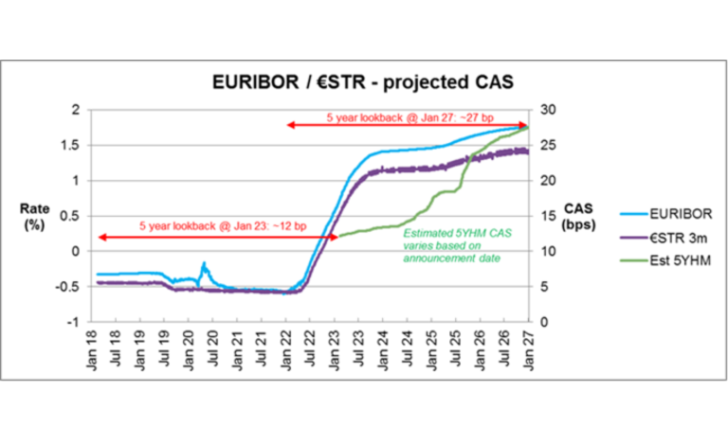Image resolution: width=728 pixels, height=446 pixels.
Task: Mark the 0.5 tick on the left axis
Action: pos(79,216)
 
